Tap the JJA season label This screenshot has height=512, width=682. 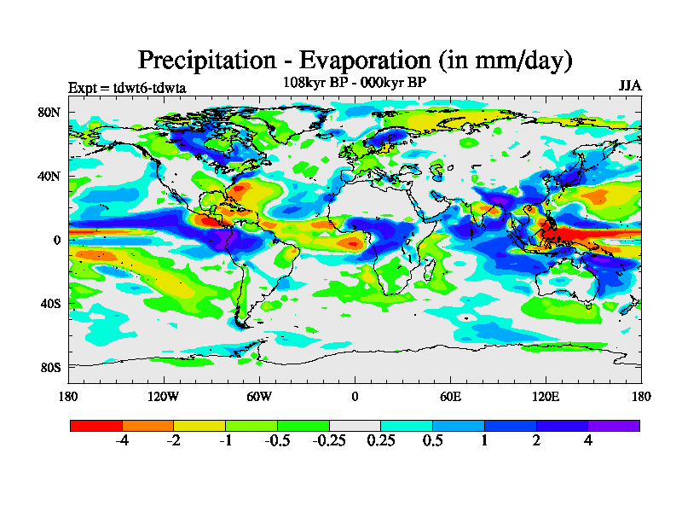(630, 86)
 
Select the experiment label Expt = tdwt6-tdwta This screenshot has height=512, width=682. (127, 87)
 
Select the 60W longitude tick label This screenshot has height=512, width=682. (259, 396)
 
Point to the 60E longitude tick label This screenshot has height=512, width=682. (450, 396)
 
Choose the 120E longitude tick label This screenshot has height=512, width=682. (546, 396)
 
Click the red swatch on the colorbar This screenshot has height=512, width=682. (96, 425)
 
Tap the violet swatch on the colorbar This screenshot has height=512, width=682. (614, 425)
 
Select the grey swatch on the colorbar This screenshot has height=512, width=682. (355, 425)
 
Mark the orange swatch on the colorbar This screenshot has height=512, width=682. (147, 425)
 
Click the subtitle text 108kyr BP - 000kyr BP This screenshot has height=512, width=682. (355, 82)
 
